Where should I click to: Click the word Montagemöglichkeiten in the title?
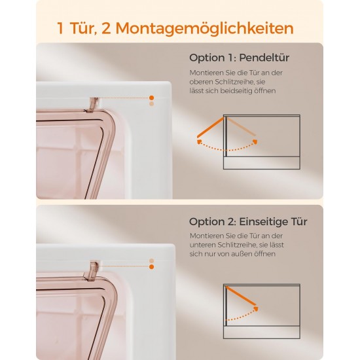coord(205,28)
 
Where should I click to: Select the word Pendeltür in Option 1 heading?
coord(264,58)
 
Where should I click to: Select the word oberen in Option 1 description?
coord(200,82)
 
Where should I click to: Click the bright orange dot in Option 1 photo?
coord(152,98)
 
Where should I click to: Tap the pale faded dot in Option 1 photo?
coord(152,104)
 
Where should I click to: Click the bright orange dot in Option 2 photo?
coord(152,266)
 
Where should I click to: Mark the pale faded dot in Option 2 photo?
coord(152,261)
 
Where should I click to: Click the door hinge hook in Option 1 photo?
coord(92,104)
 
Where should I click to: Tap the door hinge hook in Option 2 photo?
coord(92,269)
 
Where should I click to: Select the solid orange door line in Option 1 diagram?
coord(210,128)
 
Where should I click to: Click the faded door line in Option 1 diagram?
coord(242,126)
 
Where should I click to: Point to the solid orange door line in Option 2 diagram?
coord(241,296)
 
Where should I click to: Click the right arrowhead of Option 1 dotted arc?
coord(255,141)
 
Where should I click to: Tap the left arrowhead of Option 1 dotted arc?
coord(199,141)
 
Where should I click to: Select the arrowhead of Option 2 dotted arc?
coord(256,309)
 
